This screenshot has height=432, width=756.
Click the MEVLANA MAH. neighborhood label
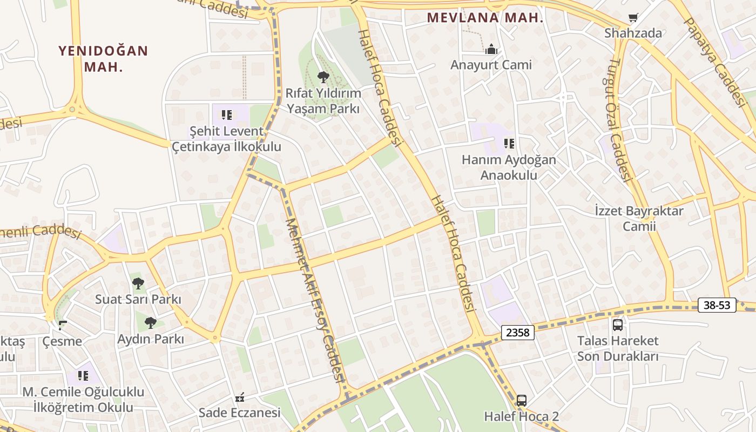(484, 17)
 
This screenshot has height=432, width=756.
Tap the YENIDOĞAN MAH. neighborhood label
(103, 59)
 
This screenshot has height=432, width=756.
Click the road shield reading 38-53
(717, 305)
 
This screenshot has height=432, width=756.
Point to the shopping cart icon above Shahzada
(633, 18)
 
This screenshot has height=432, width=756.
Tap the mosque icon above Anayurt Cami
(491, 50)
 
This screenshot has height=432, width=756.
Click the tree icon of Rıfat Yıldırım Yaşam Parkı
(323, 77)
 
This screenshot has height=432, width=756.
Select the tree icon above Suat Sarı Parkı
(138, 283)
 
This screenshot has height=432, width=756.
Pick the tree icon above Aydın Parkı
(151, 323)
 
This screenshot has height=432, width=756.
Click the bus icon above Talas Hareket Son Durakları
(618, 325)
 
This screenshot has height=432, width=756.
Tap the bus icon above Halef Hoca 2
(521, 401)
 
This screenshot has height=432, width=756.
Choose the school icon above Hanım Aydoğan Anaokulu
(509, 144)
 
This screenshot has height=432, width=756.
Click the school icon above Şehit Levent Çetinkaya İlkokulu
(227, 115)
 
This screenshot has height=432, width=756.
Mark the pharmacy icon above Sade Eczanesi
(240, 398)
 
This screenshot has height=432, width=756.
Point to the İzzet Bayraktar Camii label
(639, 218)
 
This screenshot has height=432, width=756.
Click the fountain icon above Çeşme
(63, 325)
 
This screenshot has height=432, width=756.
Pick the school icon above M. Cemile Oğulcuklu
(83, 375)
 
